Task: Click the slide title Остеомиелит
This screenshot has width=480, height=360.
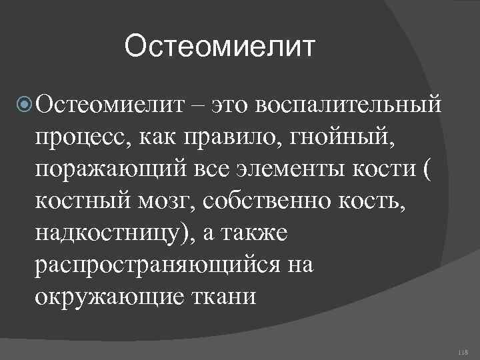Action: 218,47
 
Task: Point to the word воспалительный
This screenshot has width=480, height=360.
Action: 349,105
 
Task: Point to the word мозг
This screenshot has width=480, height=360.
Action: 160,199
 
